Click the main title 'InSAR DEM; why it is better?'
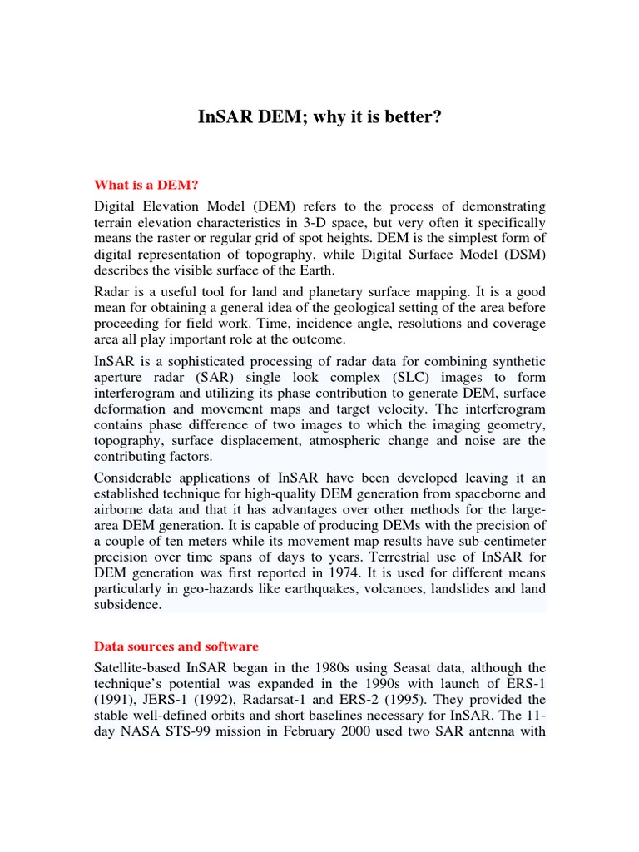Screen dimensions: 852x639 tap(319, 117)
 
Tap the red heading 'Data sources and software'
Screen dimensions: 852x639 tap(176, 646)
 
